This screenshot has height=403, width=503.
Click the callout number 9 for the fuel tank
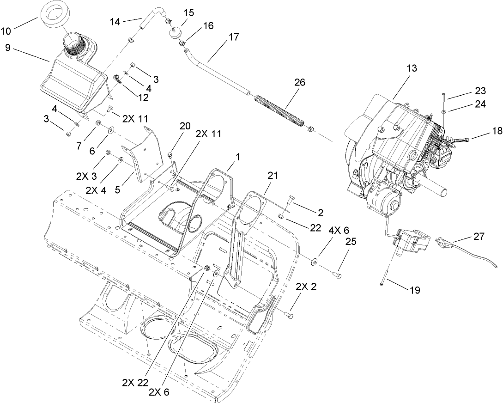[x=7, y=47]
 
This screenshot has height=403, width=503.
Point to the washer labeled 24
[x=443, y=111]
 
